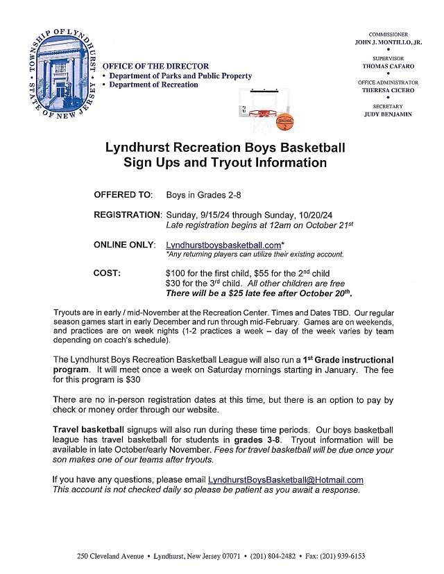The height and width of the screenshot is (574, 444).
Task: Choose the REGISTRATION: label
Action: (x=128, y=216)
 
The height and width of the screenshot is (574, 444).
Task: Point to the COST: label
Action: (x=107, y=273)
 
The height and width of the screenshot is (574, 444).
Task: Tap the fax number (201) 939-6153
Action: (x=339, y=556)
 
